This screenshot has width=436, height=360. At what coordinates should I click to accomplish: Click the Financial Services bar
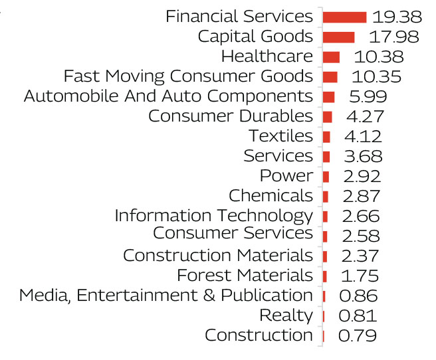coord(344,17)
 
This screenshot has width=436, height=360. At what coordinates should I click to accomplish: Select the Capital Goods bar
coord(338,37)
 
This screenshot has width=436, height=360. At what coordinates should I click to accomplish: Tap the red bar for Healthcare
coord(331,57)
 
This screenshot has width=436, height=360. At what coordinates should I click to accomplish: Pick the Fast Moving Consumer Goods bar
coord(330,77)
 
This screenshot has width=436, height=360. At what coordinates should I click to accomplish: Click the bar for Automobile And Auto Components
coord(328,97)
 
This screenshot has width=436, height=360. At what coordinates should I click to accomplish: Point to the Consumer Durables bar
coord(327,117)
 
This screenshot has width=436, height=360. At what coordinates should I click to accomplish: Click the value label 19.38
coord(397,17)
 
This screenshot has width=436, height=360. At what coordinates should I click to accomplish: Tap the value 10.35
coord(376,77)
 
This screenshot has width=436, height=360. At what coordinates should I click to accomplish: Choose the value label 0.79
coord(357,335)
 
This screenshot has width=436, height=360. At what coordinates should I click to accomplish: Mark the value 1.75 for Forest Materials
coord(359,276)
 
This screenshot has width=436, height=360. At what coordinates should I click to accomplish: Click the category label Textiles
coord(280,136)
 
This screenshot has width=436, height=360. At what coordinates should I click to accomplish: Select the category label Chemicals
coord(271,196)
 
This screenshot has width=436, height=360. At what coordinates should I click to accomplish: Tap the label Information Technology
coord(213,216)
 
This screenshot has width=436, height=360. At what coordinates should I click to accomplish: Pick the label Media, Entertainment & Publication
coord(165,295)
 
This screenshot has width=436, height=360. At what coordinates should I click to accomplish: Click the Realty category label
coord(286,315)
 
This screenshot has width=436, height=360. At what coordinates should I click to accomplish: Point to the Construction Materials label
coord(218,255)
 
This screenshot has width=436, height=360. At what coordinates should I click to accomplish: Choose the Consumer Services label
coord(233,233)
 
